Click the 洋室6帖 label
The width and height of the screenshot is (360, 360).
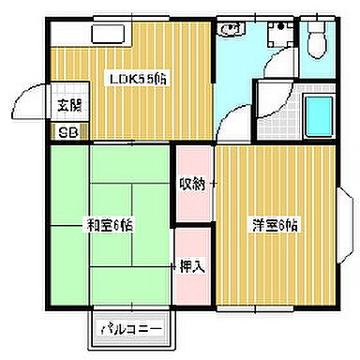tap(274, 225)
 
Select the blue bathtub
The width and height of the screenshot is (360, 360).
tap(319, 113)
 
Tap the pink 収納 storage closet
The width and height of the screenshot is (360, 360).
tap(193, 183)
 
